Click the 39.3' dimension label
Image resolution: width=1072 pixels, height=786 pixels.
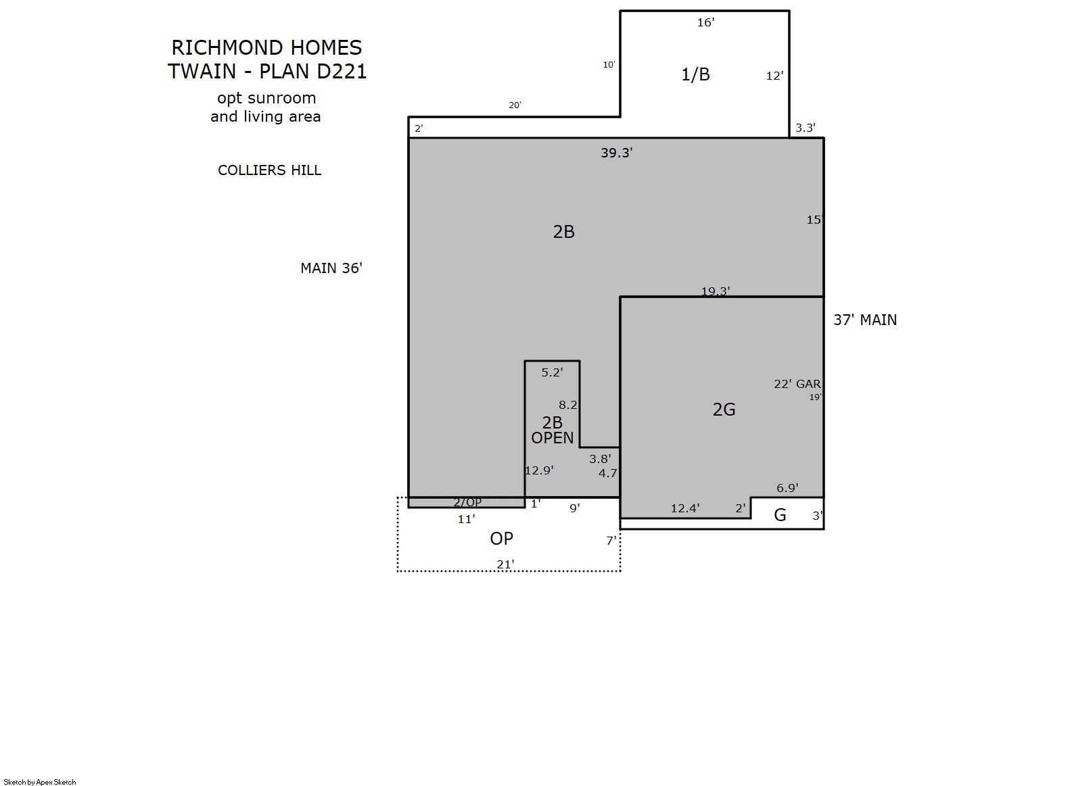pos(617,153)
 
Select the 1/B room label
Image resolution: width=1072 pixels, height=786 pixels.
pos(695,74)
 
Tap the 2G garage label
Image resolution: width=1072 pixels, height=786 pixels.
pos(724,410)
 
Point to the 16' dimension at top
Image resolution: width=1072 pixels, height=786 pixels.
pos(706,22)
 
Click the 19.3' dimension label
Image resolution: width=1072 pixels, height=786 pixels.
pos(716,291)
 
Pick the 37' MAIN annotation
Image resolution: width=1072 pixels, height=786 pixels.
pos(865,320)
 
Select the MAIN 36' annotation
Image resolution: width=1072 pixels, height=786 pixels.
pos(331,268)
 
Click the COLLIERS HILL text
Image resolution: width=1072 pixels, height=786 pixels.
pos(269,170)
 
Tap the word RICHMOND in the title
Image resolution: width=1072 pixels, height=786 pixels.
pos(227,48)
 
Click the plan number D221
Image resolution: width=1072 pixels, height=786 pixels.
pos(342,71)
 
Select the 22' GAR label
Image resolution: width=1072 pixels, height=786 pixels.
pos(797,383)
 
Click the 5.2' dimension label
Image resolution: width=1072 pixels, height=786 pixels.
pos(552,372)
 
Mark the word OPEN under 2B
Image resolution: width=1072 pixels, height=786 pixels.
pos(553,438)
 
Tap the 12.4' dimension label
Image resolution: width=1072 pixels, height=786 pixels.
pos(685,508)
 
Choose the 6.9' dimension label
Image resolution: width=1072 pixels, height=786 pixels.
pos(787,488)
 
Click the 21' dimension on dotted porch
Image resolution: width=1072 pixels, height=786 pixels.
pos(505,564)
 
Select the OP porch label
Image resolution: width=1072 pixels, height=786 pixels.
pos(501,539)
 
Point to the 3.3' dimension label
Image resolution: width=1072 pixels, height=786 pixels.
pos(806,128)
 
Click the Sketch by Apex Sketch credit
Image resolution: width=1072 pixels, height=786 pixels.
pos(40,782)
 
